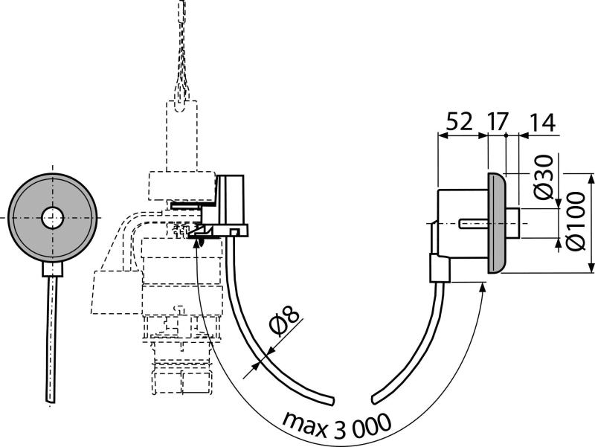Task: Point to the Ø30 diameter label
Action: point(544,179)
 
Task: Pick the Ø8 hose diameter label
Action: point(285,322)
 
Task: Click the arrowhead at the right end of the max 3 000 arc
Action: point(483,287)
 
